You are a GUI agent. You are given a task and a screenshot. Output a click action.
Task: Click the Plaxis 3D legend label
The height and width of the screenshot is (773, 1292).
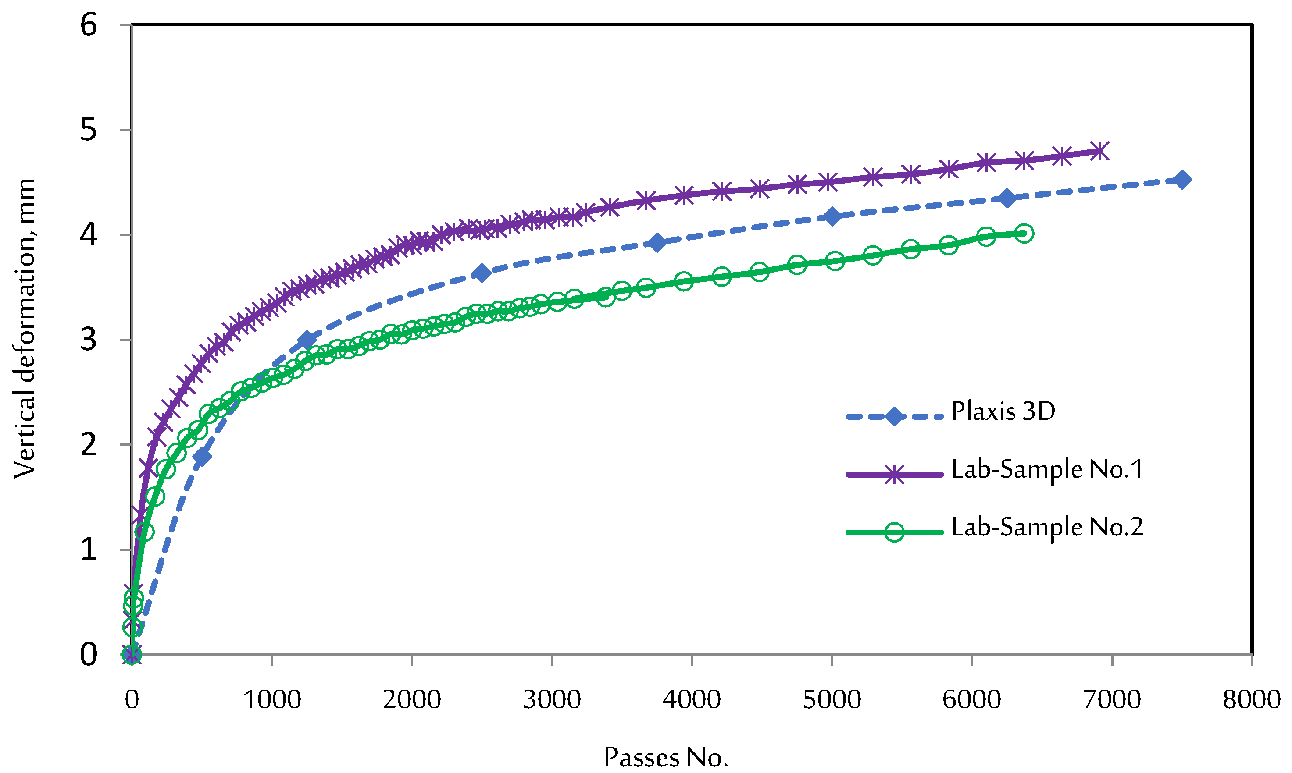tap(1002, 411)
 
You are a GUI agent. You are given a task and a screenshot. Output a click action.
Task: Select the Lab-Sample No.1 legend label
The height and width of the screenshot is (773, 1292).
tap(1046, 469)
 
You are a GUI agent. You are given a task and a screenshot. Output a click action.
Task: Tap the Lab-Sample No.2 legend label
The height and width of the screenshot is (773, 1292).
tap(1046, 527)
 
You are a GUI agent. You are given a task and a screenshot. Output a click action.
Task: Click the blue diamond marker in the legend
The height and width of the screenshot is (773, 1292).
tap(894, 417)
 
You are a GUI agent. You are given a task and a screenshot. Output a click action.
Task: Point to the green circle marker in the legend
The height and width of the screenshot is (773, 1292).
tap(894, 532)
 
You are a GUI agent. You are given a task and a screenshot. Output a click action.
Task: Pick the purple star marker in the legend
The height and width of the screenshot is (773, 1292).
tap(894, 475)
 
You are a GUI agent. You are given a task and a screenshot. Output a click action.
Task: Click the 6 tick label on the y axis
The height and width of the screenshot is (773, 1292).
tap(89, 25)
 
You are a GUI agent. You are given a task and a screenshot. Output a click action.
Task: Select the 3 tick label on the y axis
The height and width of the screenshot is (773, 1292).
tap(89, 340)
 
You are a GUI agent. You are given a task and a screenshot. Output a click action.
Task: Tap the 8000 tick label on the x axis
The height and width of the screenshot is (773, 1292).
tap(1251, 699)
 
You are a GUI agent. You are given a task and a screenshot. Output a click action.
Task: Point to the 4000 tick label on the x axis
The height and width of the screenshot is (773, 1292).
tap(692, 699)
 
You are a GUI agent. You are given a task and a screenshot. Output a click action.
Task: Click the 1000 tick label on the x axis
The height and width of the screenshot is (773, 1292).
tap(272, 699)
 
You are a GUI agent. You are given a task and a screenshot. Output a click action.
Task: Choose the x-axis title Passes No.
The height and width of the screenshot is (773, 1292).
tap(666, 757)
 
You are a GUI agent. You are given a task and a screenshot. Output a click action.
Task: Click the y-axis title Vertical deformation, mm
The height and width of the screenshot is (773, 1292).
tap(25, 328)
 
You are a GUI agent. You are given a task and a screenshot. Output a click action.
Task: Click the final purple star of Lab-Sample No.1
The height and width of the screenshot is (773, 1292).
tap(1099, 151)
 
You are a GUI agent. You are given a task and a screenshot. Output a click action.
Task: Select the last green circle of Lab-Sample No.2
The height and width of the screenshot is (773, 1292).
tap(1024, 234)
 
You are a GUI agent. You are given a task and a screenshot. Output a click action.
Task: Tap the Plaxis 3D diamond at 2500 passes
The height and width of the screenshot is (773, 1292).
tap(482, 273)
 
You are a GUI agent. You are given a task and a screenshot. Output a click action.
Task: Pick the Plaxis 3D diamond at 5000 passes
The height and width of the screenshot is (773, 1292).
tap(832, 216)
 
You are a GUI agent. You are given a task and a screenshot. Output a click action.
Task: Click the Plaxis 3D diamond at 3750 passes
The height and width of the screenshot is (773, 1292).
tap(657, 243)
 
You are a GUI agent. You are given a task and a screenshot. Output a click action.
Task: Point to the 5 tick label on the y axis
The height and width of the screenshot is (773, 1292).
tap(89, 130)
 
